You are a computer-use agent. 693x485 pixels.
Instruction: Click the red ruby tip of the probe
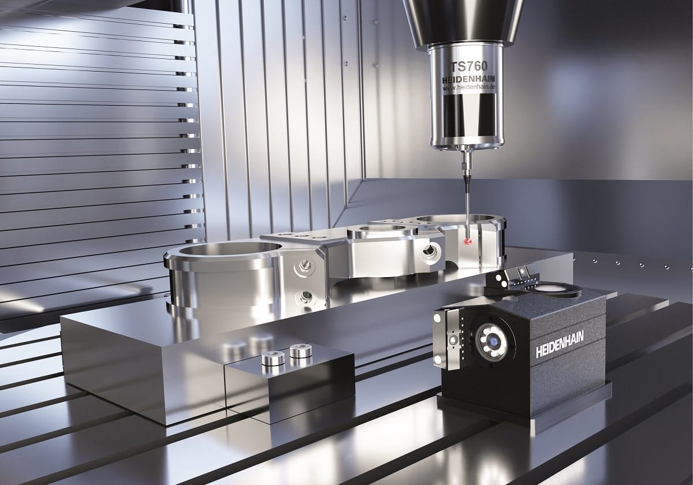(467, 241)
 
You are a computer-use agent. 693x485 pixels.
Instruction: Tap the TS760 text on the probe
(469, 66)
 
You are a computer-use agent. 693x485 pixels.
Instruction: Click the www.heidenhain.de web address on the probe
(469, 87)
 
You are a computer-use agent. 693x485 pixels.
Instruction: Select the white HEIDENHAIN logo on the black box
(560, 344)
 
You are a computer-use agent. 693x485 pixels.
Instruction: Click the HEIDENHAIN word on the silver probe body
(469, 79)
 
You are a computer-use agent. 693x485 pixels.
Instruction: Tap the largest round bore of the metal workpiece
(230, 249)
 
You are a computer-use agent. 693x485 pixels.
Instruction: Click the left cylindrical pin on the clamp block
(273, 359)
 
